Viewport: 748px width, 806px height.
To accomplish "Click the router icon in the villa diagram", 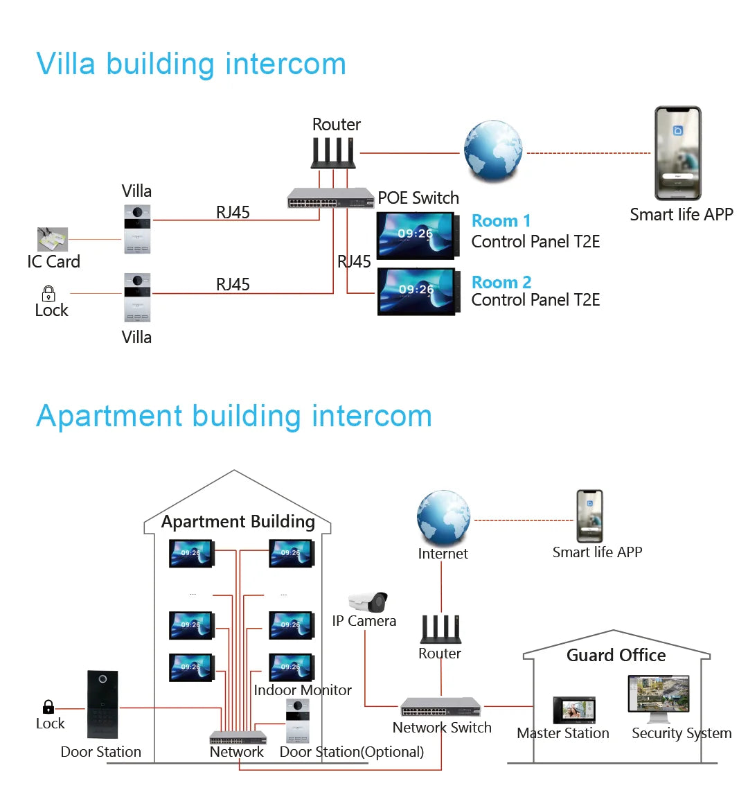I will (x=333, y=152).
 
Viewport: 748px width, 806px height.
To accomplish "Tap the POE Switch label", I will (x=418, y=198).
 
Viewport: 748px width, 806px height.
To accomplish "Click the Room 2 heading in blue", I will (x=501, y=282).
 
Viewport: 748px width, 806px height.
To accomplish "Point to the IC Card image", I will (x=53, y=240).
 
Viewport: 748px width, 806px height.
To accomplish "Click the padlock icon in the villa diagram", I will (x=48, y=293).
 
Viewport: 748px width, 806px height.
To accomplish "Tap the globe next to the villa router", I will (x=493, y=151).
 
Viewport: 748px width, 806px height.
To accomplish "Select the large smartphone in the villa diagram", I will (x=678, y=153).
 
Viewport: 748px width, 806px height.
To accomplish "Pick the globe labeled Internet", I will (x=443, y=518).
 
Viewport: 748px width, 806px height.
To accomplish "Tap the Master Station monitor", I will (x=573, y=710).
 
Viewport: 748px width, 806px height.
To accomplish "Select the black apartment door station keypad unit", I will (x=103, y=704).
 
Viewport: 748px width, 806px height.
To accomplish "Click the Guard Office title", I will (x=616, y=656).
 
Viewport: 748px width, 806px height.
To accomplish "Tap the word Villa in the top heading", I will (x=66, y=64).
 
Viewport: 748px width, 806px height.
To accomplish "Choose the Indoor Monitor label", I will (x=303, y=690).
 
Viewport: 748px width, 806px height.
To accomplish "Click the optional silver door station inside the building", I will (x=298, y=720).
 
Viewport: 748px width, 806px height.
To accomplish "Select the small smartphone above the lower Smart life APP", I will (x=589, y=516).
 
